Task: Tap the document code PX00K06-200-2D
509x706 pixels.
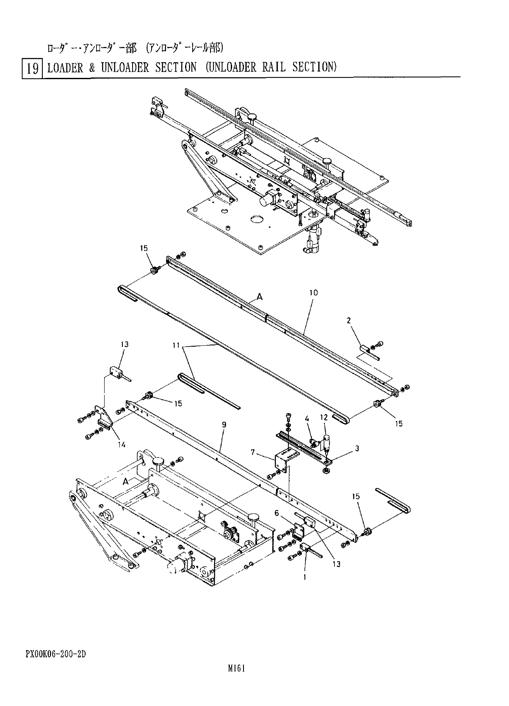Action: pyautogui.click(x=55, y=654)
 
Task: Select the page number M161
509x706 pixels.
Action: pyautogui.click(x=237, y=668)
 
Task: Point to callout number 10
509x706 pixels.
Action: pyautogui.click(x=313, y=292)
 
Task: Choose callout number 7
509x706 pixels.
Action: pyautogui.click(x=252, y=452)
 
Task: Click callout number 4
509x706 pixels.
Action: pyautogui.click(x=307, y=419)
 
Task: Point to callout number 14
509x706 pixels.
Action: pyautogui.click(x=122, y=444)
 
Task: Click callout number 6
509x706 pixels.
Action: pyautogui.click(x=277, y=513)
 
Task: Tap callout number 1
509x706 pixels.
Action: pyautogui.click(x=304, y=576)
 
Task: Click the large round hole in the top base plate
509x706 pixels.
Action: pyautogui.click(x=257, y=220)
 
